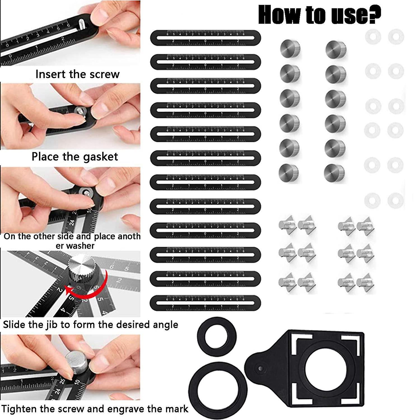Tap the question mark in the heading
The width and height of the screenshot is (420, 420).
374,15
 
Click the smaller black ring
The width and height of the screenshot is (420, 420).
216,337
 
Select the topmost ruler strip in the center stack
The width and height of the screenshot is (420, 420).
206,38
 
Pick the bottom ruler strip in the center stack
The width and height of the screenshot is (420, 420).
206,303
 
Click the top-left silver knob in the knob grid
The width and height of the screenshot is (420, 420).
290,49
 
